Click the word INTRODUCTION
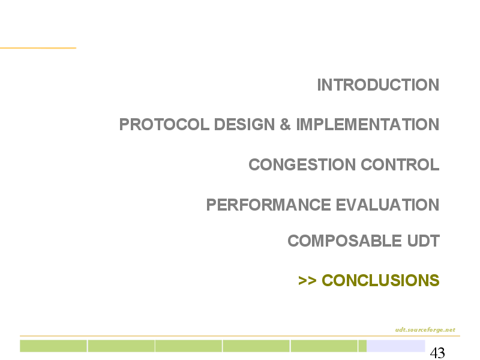point(378,85)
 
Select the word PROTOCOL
point(164,124)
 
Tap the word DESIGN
point(244,124)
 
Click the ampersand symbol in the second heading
point(285,124)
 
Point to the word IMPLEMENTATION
point(368,124)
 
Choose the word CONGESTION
point(302,164)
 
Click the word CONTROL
point(400,164)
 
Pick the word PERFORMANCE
point(268,205)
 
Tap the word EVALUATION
point(388,205)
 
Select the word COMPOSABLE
point(344,241)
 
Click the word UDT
point(424,241)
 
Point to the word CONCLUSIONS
point(380,280)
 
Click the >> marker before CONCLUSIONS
point(307,280)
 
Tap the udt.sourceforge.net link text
point(425,329)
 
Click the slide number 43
point(437,353)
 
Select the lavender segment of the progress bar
point(396,346)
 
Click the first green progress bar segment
point(53,346)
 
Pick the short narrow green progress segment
point(362,346)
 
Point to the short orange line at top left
point(38,48)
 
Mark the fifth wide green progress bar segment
point(324,346)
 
